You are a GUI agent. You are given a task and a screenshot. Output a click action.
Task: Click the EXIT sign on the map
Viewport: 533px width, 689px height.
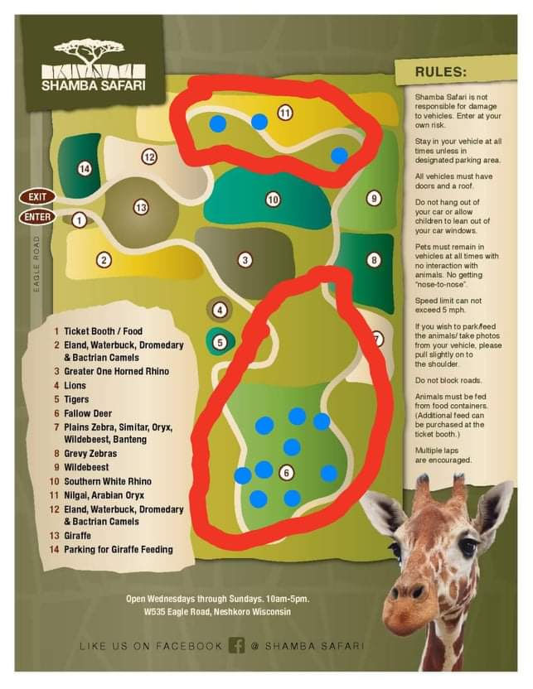point(36,197)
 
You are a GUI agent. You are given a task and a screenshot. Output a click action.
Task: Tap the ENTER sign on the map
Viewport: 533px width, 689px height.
point(36,217)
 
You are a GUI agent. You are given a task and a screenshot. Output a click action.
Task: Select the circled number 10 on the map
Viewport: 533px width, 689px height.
point(273,199)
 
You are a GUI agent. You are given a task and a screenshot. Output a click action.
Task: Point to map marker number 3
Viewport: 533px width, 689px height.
point(245,259)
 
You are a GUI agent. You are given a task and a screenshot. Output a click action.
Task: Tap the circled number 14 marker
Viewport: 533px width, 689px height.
point(84,169)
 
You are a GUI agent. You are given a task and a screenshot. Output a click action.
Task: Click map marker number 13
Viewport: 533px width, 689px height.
point(140,207)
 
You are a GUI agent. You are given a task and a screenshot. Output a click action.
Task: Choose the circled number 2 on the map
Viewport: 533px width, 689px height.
point(104,260)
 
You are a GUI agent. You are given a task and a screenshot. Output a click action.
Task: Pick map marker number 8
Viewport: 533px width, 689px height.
point(374,260)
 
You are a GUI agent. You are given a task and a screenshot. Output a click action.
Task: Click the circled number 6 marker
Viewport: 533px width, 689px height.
point(286,472)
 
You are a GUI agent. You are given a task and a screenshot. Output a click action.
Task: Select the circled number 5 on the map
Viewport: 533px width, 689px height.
point(220,341)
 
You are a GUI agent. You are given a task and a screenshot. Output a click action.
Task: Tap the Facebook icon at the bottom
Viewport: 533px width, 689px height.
point(236,645)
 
